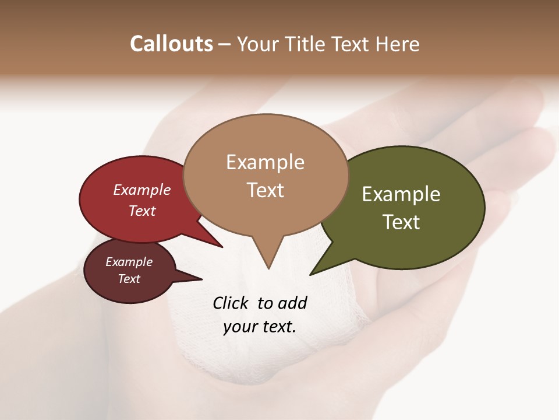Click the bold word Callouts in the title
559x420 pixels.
171,44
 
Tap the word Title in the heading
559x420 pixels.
305,44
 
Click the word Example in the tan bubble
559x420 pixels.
265,162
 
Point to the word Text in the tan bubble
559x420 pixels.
265,190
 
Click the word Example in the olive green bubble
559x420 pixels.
401,194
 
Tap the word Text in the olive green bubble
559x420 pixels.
401,222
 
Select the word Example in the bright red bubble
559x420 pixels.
141,190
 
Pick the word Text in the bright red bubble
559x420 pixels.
141,211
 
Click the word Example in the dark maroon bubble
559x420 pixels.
129,262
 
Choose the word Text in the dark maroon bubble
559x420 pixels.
129,279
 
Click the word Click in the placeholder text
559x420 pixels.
231,303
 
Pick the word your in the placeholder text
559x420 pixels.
239,327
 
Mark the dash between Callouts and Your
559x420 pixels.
225,44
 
